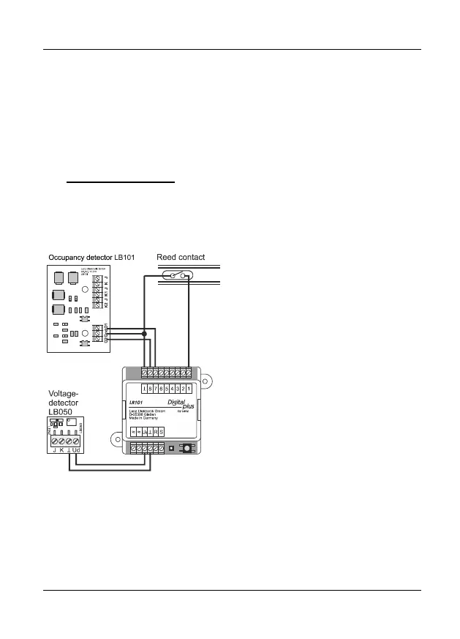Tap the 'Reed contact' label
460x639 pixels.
point(181,257)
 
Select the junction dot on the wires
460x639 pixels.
point(144,335)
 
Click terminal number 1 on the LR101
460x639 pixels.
point(189,388)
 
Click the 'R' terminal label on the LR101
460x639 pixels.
point(155,433)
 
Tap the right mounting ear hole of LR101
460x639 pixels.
point(206,381)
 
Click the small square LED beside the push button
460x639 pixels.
point(170,446)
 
